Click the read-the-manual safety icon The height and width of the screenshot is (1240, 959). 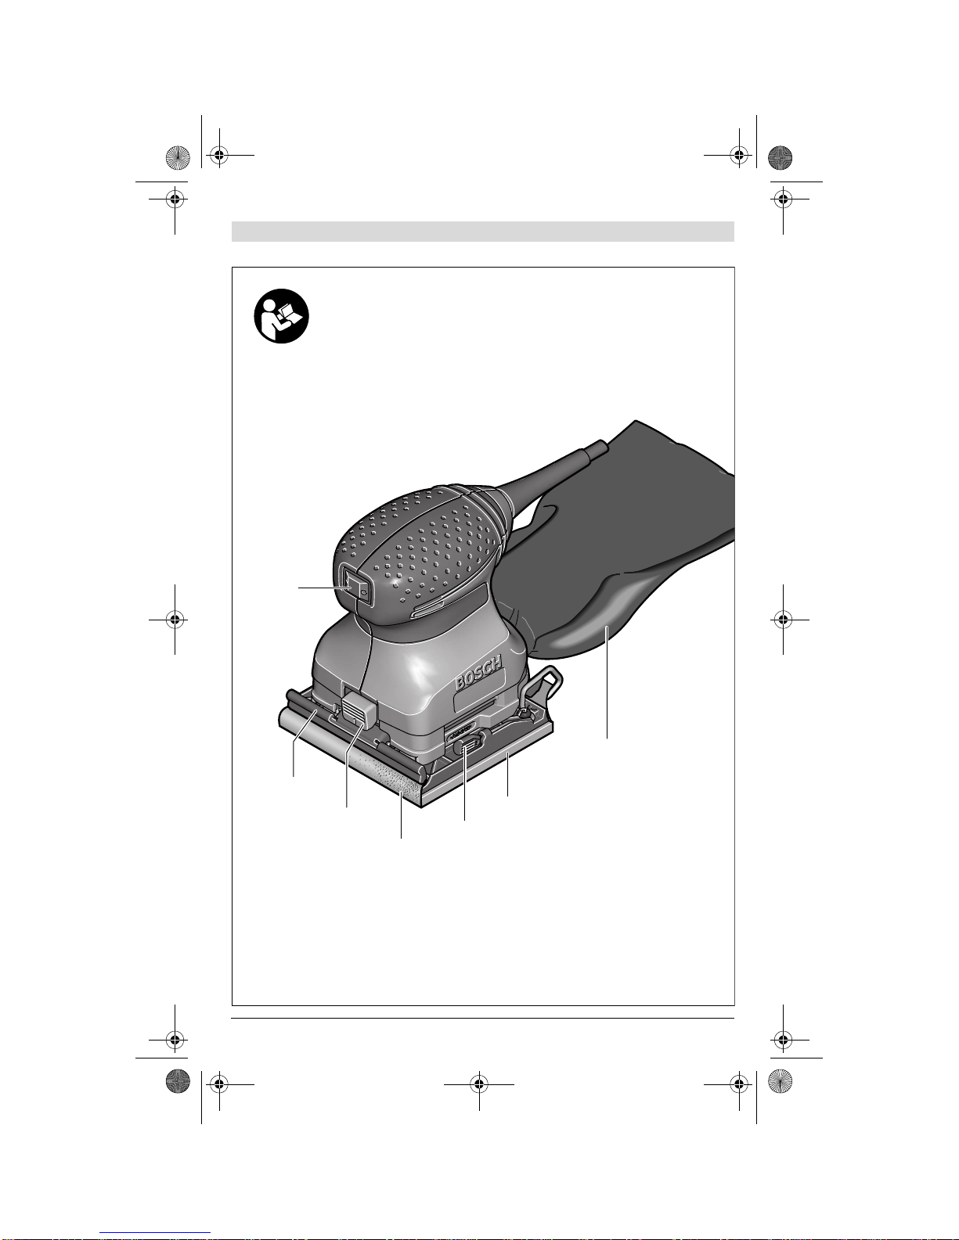coord(281,316)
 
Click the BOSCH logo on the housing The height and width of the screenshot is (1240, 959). coord(478,672)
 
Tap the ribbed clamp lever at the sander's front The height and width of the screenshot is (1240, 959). coord(359,710)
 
